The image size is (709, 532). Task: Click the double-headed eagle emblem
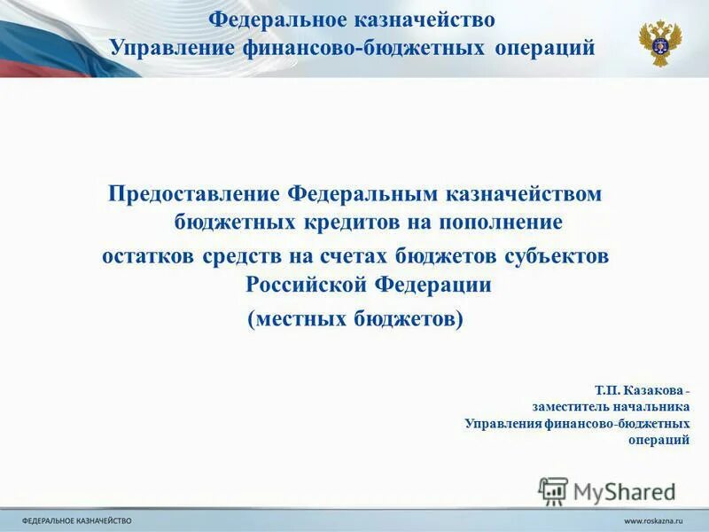[x=660, y=42]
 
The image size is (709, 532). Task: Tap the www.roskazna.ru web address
[x=657, y=520]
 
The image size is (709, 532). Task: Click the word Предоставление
[x=194, y=193]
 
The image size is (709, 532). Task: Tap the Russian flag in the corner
[x=35, y=35]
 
